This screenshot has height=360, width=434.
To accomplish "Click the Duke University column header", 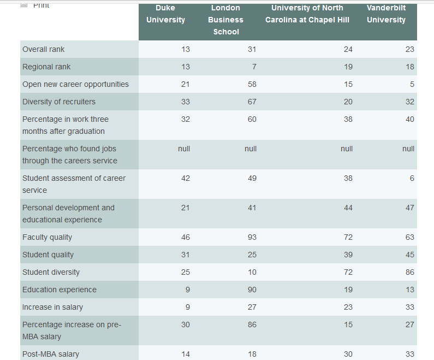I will pyautogui.click(x=166, y=14).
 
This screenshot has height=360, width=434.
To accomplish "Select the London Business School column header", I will pyautogui.click(x=225, y=20).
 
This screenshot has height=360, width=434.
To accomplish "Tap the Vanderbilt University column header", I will pyautogui.click(x=386, y=14).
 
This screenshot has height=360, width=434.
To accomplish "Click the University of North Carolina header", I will pyautogui.click(x=307, y=14).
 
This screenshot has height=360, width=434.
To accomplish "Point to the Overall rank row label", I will pyautogui.click(x=44, y=49).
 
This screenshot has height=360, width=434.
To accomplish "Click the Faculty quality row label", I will pyautogui.click(x=47, y=237).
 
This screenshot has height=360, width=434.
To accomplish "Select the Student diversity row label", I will pyautogui.click(x=51, y=272).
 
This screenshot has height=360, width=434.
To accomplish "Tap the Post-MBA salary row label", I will pyautogui.click(x=51, y=354).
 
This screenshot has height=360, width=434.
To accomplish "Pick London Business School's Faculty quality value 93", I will pyautogui.click(x=252, y=237).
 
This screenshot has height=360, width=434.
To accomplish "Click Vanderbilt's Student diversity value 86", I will pyautogui.click(x=409, y=272).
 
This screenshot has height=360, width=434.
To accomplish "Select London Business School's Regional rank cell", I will pyautogui.click(x=254, y=67).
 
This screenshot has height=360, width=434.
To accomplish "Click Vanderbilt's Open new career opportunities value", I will pyautogui.click(x=412, y=84).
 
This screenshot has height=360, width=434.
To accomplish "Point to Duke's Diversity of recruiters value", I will pyautogui.click(x=185, y=102).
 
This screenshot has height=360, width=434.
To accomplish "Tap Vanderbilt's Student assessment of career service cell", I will pyautogui.click(x=412, y=178).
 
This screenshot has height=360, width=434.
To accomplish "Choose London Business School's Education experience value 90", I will pyautogui.click(x=252, y=290).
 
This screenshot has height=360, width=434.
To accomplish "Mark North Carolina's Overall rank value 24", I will pyautogui.click(x=348, y=49).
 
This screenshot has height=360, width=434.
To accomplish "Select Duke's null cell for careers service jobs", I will pyautogui.click(x=184, y=149).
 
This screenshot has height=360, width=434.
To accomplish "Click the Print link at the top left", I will pyautogui.click(x=41, y=5).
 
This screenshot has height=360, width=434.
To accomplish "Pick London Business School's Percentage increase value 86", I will pyautogui.click(x=252, y=324).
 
